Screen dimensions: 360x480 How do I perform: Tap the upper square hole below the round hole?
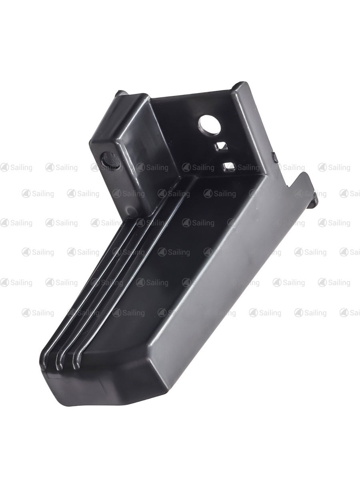[222, 146]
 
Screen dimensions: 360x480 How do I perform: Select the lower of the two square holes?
[229, 166]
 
